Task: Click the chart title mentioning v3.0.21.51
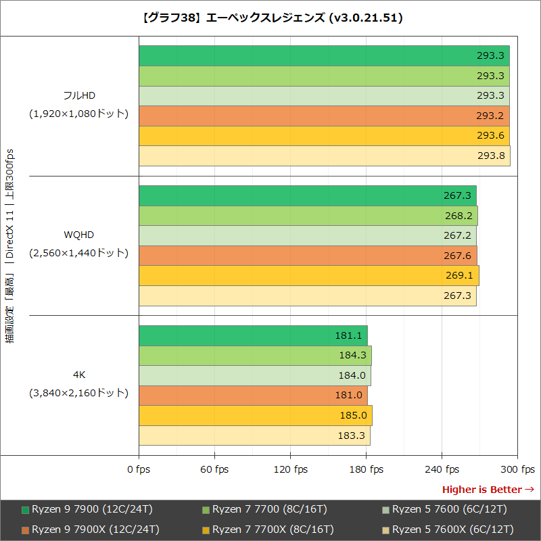tap(270, 18)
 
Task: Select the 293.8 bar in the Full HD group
tap(324, 156)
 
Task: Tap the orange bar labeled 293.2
tap(324, 116)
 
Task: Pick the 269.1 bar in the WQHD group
tap(308, 276)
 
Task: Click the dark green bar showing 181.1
tap(253, 335)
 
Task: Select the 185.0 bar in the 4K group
tap(255, 416)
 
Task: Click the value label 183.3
tap(351, 436)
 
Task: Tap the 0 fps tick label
tap(139, 469)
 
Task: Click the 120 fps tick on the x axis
tap(291, 469)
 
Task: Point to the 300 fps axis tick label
tap(519, 469)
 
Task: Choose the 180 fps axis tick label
tap(367, 469)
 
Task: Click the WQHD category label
tap(79, 235)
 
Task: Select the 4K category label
tap(79, 375)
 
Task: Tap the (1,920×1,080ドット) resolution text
tap(79, 114)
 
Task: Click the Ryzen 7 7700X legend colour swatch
tap(206, 530)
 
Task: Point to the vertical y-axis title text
tap(10, 246)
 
